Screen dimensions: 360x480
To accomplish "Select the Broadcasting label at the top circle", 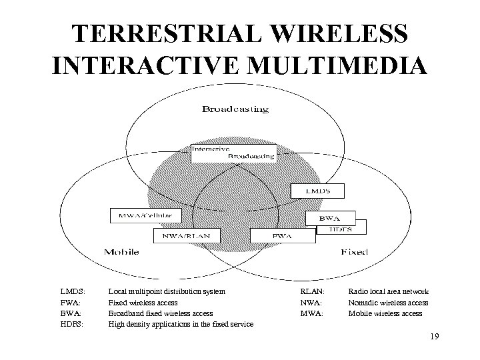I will click(x=236, y=109).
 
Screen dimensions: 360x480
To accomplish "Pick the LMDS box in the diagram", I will click(x=317, y=191).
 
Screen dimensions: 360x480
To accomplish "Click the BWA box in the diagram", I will click(x=329, y=217).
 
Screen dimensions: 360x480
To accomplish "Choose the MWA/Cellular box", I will click(x=145, y=215).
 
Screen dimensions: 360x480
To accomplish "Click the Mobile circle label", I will click(x=121, y=251).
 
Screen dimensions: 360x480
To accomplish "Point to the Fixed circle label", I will click(x=354, y=252).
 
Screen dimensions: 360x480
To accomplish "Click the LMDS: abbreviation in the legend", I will click(x=72, y=291).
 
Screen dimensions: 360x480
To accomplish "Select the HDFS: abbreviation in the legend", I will click(x=72, y=324).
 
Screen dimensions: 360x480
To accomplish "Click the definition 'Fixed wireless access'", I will click(x=143, y=302).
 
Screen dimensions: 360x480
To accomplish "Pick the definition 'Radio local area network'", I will click(x=389, y=291).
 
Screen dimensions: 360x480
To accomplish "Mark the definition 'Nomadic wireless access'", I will click(x=388, y=302).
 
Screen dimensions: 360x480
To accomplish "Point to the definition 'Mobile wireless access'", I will click(x=385, y=313).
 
